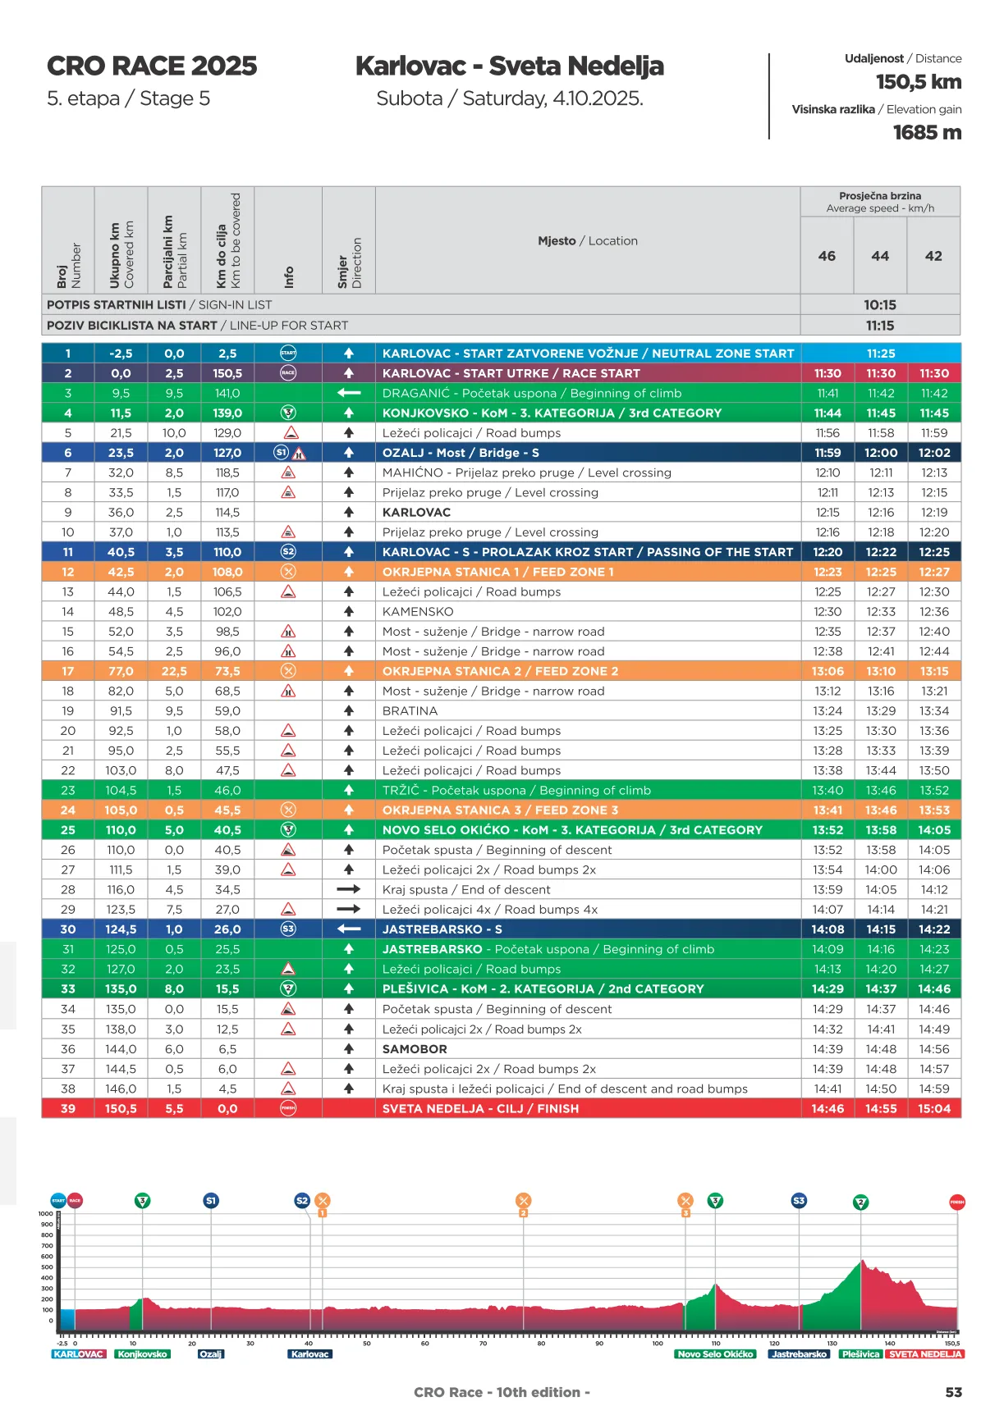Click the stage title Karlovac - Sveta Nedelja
[509, 66]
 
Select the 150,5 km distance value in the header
[918, 82]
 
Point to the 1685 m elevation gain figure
[927, 132]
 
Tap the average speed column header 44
[880, 256]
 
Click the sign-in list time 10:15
[879, 305]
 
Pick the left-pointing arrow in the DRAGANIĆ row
[349, 393]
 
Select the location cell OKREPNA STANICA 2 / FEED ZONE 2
[500, 671]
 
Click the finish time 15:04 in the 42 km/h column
[934, 1108]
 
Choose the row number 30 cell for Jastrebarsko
[68, 929]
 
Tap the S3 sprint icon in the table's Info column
[288, 929]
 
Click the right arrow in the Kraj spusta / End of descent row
[349, 889]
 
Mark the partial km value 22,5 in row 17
[174, 671]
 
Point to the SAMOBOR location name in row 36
[415, 1049]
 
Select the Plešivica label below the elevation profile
[860, 1353]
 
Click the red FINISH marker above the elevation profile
[956, 1202]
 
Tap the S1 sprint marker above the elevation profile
[211, 1201]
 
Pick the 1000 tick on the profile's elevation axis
[45, 1213]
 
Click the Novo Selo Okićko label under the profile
[715, 1353]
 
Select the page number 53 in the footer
[953, 1392]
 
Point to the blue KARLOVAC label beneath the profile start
[78, 1353]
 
